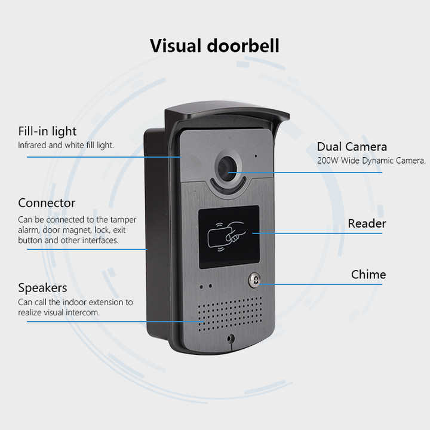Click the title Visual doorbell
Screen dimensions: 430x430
tap(214, 46)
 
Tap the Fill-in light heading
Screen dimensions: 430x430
tap(47, 131)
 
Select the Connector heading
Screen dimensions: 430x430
tap(47, 203)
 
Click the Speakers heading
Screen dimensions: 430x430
tap(42, 288)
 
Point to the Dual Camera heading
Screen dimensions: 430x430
tap(352, 147)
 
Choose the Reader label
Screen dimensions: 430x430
tap(367, 224)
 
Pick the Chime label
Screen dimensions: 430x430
tap(368, 275)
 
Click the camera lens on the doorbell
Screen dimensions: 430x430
tap(227, 168)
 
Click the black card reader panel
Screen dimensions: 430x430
tap(229, 235)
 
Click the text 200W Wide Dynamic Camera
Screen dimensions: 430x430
tap(371, 160)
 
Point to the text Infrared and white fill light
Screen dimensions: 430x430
tap(66, 145)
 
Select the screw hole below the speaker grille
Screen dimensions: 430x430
tap(231, 339)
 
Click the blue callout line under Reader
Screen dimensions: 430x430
tap(322, 233)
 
